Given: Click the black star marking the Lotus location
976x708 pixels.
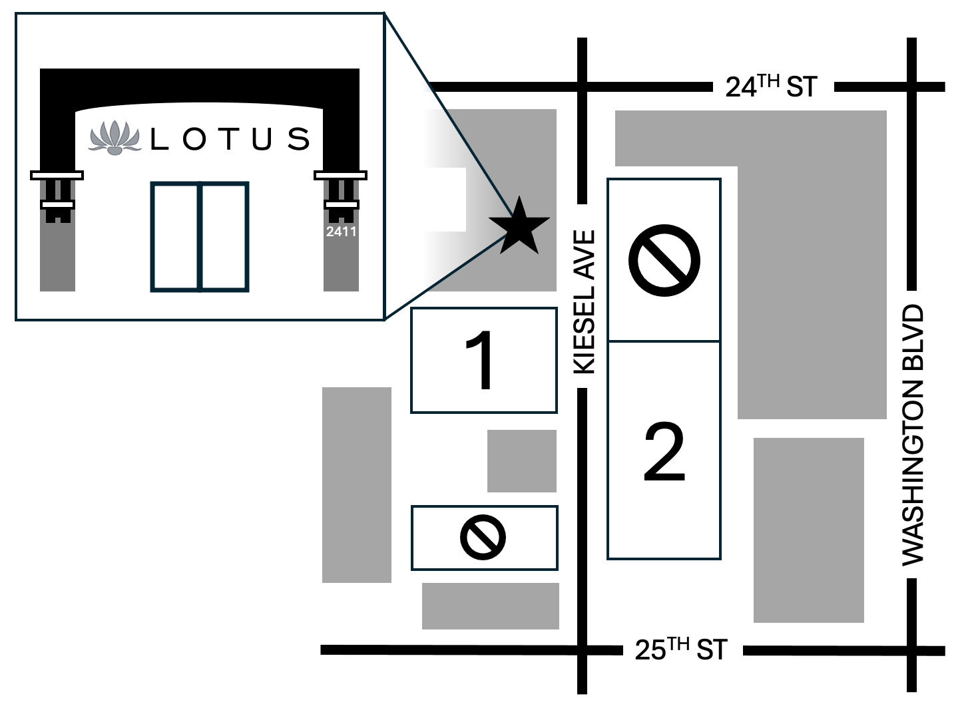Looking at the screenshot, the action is click(519, 228).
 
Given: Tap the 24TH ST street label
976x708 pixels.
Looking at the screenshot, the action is click(772, 86).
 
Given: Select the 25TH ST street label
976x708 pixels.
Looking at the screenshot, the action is click(682, 649).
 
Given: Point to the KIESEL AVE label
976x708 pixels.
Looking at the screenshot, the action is click(584, 301).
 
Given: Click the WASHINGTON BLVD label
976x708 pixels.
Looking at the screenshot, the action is click(912, 435).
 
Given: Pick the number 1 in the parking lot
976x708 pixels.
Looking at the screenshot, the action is click(480, 360).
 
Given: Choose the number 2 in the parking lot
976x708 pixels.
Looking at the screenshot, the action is click(664, 451).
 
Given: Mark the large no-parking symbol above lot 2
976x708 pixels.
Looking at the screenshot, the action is click(664, 261).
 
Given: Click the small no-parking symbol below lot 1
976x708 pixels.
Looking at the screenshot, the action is click(483, 537).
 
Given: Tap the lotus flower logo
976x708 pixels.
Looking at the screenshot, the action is click(115, 138).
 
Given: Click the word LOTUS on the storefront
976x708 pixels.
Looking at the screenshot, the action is click(230, 139).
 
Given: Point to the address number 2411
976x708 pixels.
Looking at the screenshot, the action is click(341, 231).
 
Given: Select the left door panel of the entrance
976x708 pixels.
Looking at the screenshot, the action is click(176, 237).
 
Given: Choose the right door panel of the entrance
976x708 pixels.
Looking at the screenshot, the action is click(224, 237).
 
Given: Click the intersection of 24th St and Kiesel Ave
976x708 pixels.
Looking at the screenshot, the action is click(582, 87).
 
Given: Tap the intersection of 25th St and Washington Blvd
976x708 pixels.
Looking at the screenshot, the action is click(911, 651).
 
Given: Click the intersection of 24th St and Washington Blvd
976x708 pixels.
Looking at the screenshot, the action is click(911, 87).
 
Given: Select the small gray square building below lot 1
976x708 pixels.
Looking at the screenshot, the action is click(521, 461).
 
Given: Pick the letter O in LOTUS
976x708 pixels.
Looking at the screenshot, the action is click(194, 139).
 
